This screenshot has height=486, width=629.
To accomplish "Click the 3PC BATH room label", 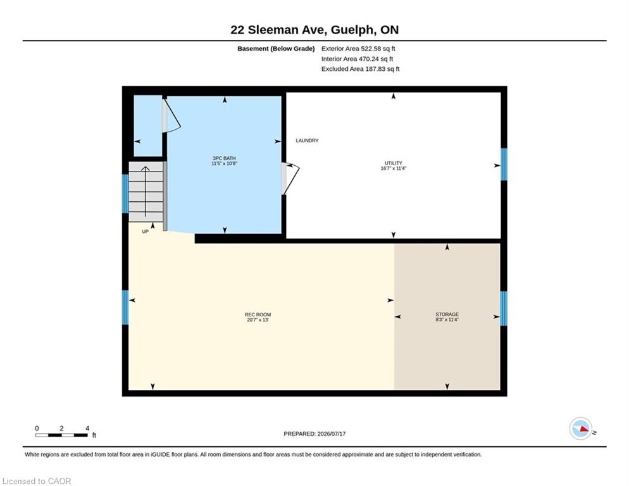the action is tap(224, 158).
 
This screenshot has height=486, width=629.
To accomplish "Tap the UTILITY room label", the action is tap(393, 163).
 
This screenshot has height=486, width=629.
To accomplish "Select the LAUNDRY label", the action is tap(308, 140).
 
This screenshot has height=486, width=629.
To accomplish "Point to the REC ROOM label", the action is tap(258, 315).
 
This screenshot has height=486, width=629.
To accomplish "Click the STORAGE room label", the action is tap(447, 315).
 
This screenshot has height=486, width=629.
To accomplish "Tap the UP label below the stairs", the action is tap(145, 232).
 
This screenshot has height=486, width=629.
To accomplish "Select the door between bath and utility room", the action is tap(290, 178).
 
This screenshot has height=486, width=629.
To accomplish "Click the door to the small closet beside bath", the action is tap(171, 116).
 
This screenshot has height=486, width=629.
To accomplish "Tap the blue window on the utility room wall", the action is tap(504, 165).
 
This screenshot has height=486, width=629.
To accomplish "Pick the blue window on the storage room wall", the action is tap(504, 308).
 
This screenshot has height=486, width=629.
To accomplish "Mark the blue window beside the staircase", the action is tap(125, 194).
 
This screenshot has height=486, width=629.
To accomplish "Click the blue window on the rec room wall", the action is tap(125, 308).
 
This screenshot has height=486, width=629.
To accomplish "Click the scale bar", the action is tap(61, 435).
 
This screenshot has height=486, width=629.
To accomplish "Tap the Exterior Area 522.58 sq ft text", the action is tap(358, 49).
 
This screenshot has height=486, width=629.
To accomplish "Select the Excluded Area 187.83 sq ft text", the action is tap(360, 68).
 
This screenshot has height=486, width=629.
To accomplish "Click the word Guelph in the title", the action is tap(353, 30).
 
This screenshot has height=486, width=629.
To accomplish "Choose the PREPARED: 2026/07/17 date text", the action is tap(314, 434).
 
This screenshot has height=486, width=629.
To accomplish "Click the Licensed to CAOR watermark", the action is tap(37, 481).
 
